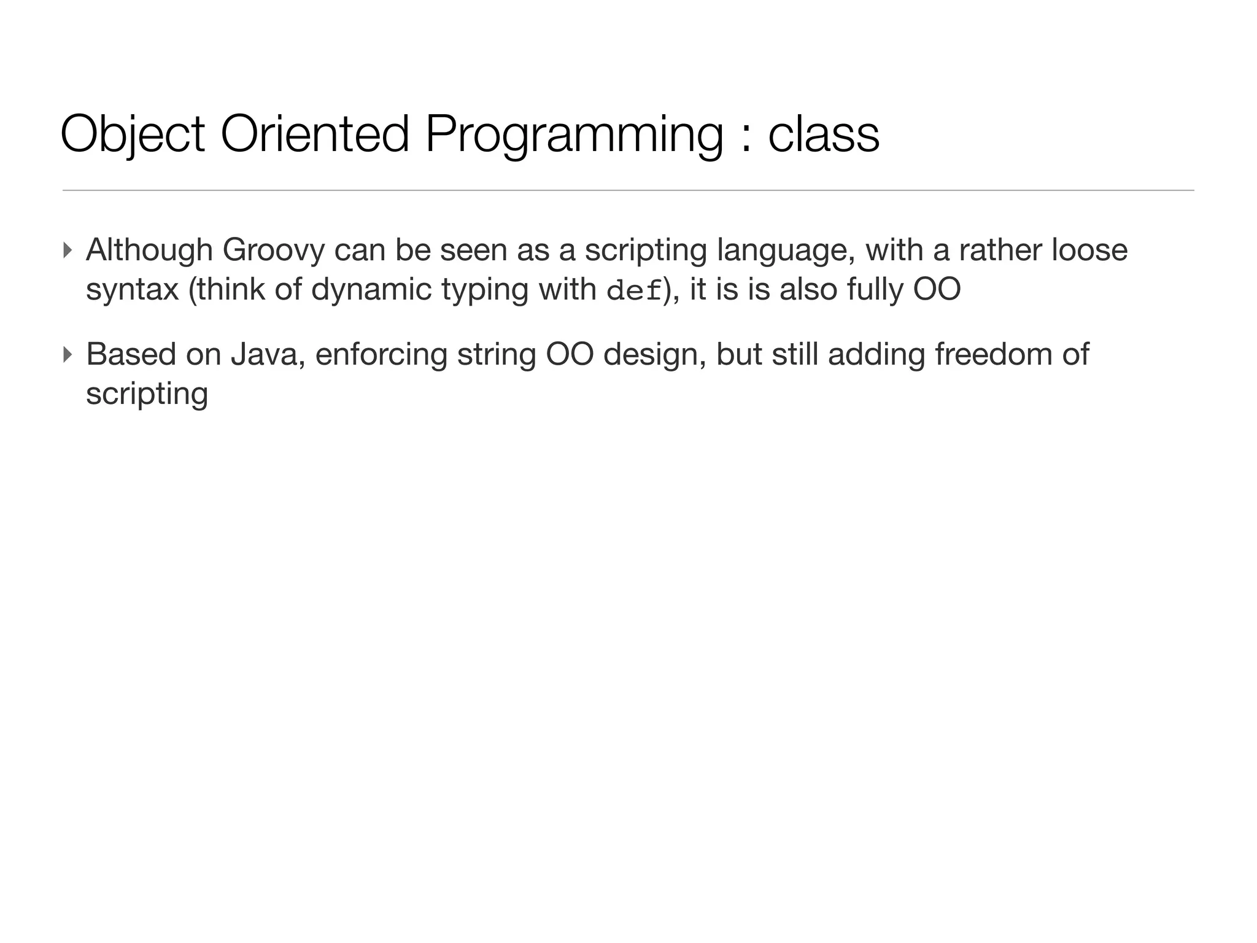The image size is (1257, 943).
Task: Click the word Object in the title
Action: pyautogui.click(x=133, y=134)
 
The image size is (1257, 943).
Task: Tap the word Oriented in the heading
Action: pyautogui.click(x=314, y=134)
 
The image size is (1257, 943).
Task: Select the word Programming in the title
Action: pyautogui.click(x=574, y=134)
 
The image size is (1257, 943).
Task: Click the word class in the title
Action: pyautogui.click(x=824, y=134)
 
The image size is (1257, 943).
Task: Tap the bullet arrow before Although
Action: pyautogui.click(x=68, y=250)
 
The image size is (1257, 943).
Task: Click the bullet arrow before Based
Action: pyautogui.click(x=68, y=355)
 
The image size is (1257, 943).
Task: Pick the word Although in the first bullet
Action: pyautogui.click(x=149, y=250)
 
